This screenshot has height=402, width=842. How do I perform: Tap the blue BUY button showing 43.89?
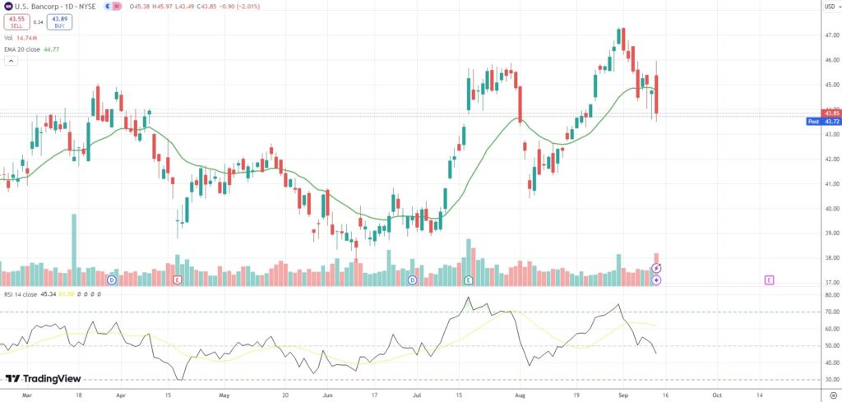[59, 22]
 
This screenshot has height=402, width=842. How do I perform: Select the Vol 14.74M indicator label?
[21, 38]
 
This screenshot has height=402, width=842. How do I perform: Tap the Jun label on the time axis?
[327, 395]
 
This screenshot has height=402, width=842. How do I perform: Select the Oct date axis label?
[716, 395]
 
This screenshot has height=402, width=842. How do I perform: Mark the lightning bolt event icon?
[656, 268]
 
